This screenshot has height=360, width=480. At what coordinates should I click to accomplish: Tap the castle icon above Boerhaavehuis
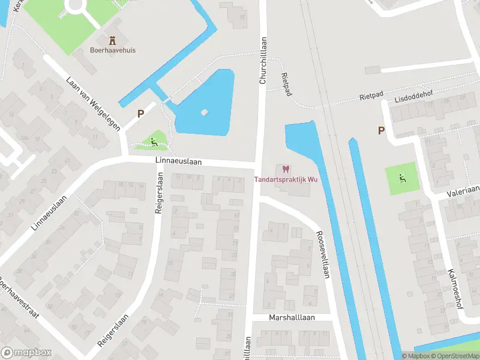coord(111,40)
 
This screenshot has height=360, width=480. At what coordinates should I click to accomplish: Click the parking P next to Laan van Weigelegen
coord(141,113)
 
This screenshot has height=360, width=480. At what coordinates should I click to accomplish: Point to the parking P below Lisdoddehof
coord(381,130)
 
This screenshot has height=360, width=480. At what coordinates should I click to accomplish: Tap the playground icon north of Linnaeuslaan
coord(155,142)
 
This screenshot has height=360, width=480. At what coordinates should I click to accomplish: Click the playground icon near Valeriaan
coord(403,178)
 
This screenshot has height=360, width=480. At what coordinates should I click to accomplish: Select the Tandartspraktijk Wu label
coord(286,179)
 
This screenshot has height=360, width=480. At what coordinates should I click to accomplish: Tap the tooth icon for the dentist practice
coord(286,169)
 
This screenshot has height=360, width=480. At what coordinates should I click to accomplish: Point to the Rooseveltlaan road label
coord(323,255)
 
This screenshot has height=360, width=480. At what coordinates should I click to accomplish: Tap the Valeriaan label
coord(463,191)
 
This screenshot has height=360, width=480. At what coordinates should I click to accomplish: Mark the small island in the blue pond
coord(205,112)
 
